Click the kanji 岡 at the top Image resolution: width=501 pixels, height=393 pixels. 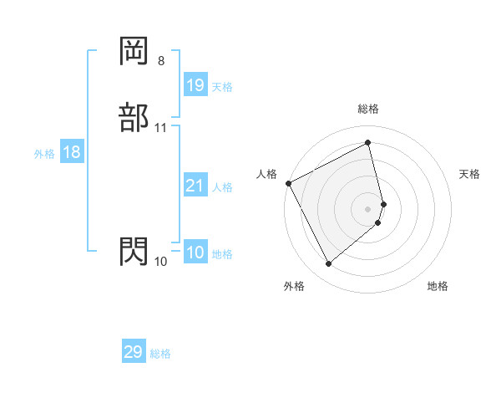134,51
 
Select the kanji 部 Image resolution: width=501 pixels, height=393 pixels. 134,118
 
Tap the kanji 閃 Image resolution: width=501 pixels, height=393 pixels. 134,250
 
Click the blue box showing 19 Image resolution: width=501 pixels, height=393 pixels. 195,85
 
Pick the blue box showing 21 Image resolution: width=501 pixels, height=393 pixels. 195,186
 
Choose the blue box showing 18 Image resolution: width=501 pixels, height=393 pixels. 71,152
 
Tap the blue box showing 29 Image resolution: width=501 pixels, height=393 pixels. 134,352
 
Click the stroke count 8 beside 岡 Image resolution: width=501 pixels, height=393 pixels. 160,61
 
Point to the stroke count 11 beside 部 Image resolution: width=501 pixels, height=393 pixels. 161,128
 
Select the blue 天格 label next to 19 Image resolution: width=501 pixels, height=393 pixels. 222,87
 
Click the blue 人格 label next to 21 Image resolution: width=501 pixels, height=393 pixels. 223,187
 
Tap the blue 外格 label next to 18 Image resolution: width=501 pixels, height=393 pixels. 44,154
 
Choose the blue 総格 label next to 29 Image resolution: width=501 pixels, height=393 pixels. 160,354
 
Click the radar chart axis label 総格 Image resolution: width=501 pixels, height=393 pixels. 368,109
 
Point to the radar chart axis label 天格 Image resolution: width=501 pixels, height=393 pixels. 470,174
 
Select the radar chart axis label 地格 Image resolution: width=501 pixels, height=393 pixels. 438,286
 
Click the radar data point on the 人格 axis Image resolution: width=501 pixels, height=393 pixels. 288,183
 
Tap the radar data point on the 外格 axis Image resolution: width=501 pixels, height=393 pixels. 328,264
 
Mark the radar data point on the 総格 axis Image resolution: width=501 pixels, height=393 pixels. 368,143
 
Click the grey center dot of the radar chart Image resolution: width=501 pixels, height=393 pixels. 368,208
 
